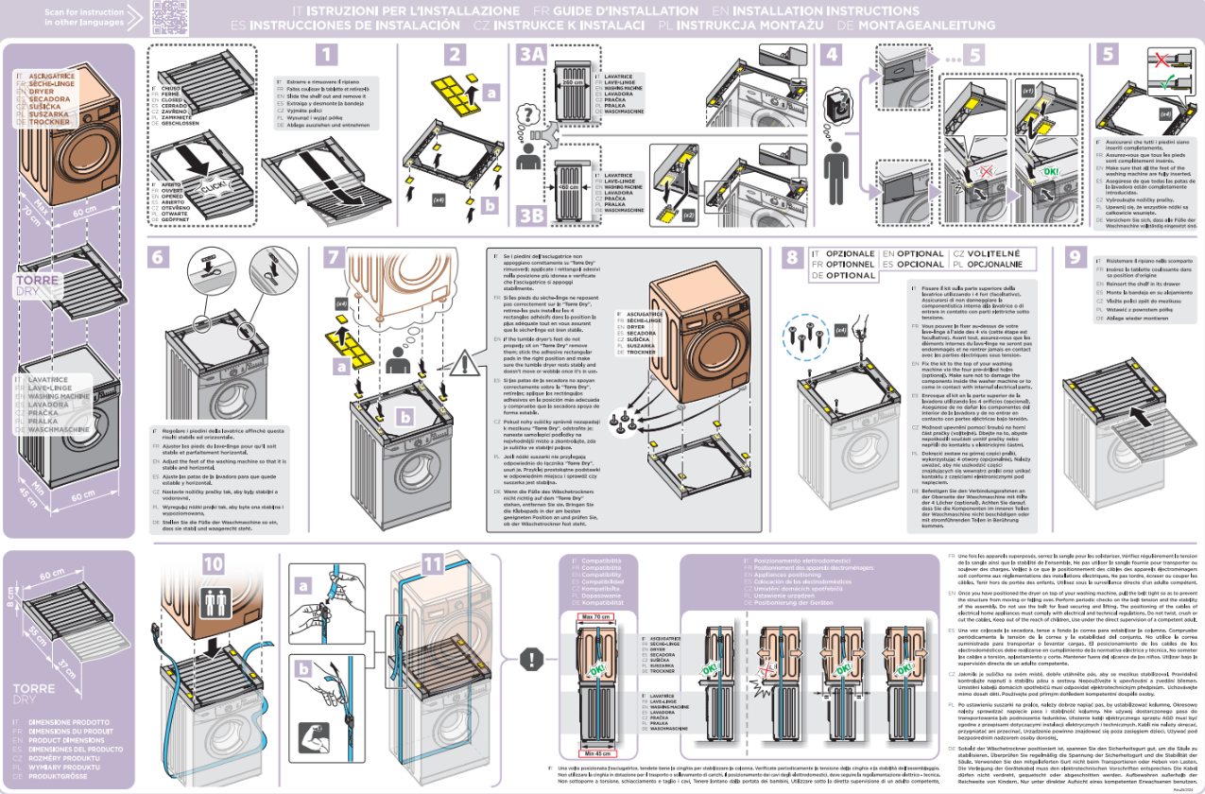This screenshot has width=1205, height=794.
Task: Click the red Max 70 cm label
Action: point(597,616)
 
